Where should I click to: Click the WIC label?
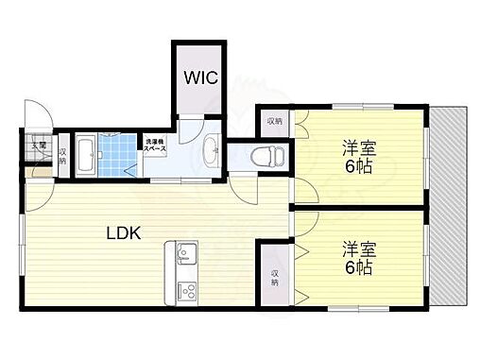(200, 77)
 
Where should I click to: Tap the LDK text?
(123, 232)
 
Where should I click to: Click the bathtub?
(84, 155)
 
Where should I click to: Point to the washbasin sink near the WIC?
(212, 149)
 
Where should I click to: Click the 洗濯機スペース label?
(154, 146)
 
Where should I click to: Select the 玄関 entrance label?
(39, 146)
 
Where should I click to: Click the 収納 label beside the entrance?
(62, 156)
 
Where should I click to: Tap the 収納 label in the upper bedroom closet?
(273, 121)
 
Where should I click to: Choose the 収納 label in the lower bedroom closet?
(273, 276)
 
